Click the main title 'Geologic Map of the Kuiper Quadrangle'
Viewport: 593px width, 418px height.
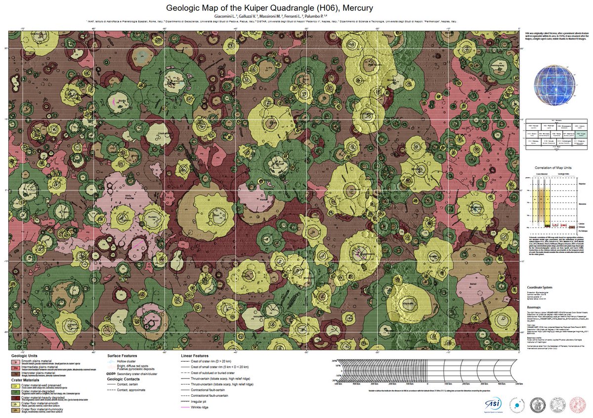point(269,8)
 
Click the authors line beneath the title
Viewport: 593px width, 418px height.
point(269,16)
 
